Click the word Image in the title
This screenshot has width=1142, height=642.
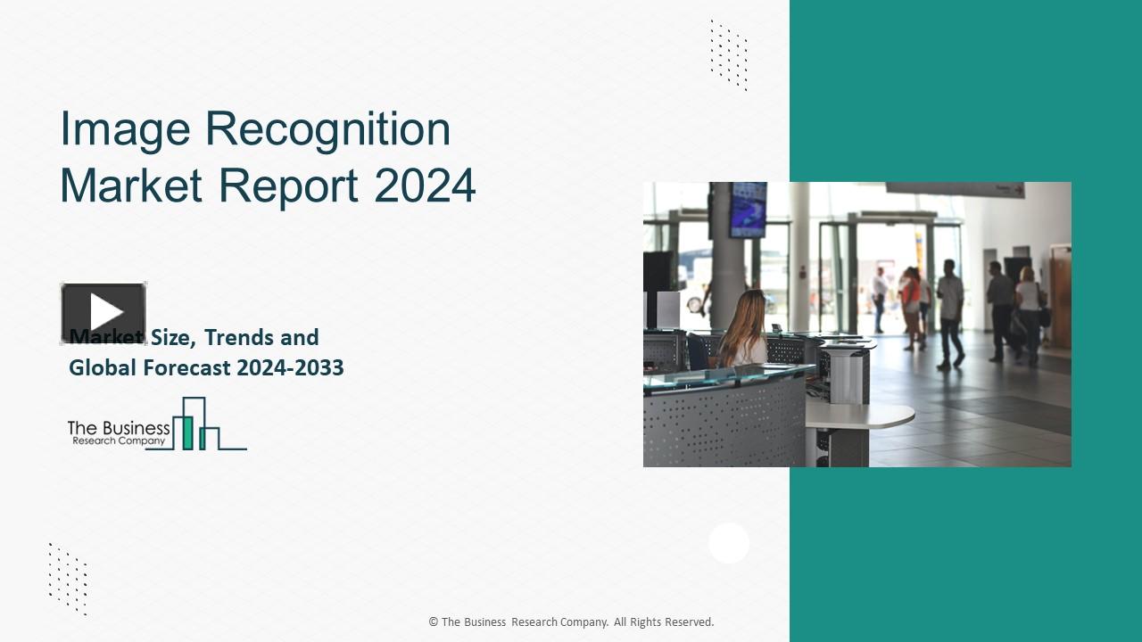(125, 130)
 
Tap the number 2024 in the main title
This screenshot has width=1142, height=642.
(425, 185)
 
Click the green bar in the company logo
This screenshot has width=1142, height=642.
(187, 432)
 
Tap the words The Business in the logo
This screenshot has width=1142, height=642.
(118, 428)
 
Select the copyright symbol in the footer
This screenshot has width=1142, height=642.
(433, 622)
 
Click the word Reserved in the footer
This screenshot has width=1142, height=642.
(684, 622)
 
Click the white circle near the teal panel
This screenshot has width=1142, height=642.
(729, 543)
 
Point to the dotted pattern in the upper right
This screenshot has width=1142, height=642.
(728, 55)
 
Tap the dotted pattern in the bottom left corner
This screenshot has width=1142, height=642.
(68, 579)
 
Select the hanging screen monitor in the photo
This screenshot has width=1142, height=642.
(748, 210)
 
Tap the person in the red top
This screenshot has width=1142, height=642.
(910, 299)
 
